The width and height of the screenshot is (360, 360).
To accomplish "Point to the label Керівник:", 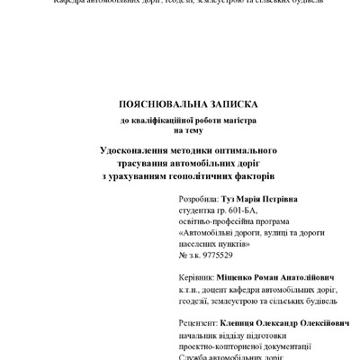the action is tap(197, 279).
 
